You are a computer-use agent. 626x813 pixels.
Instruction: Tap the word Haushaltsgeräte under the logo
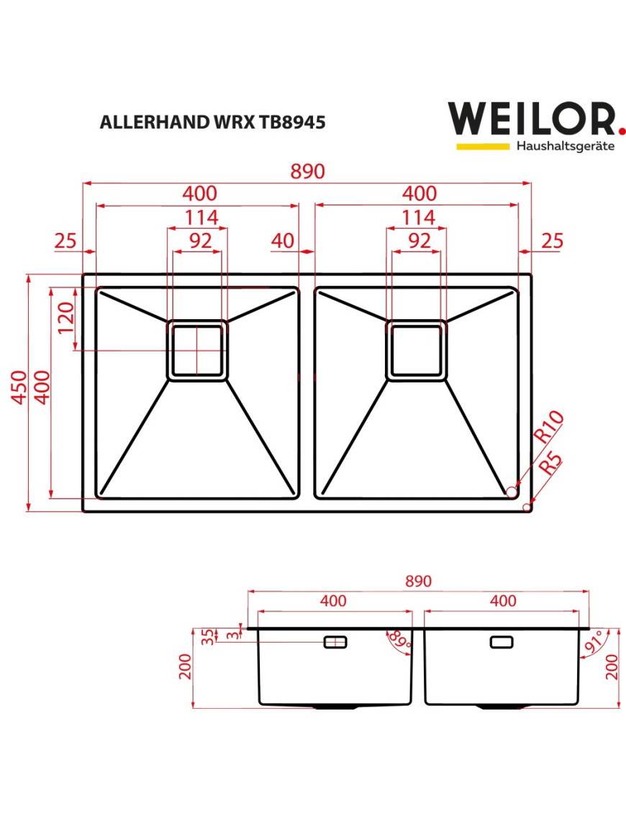pyautogui.click(x=566, y=146)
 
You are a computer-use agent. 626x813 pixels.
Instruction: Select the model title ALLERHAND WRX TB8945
pyautogui.click(x=213, y=122)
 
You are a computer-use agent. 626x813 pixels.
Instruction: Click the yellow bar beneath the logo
pyautogui.click(x=483, y=146)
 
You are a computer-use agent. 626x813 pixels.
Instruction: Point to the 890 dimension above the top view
pyautogui.click(x=307, y=171)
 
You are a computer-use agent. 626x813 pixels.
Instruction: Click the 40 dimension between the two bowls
pyautogui.click(x=282, y=241)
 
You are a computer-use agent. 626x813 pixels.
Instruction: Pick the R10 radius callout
pyautogui.click(x=549, y=426)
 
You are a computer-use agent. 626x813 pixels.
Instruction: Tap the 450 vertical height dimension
pyautogui.click(x=19, y=387)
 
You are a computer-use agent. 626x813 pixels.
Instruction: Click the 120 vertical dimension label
pyautogui.click(x=66, y=318)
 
